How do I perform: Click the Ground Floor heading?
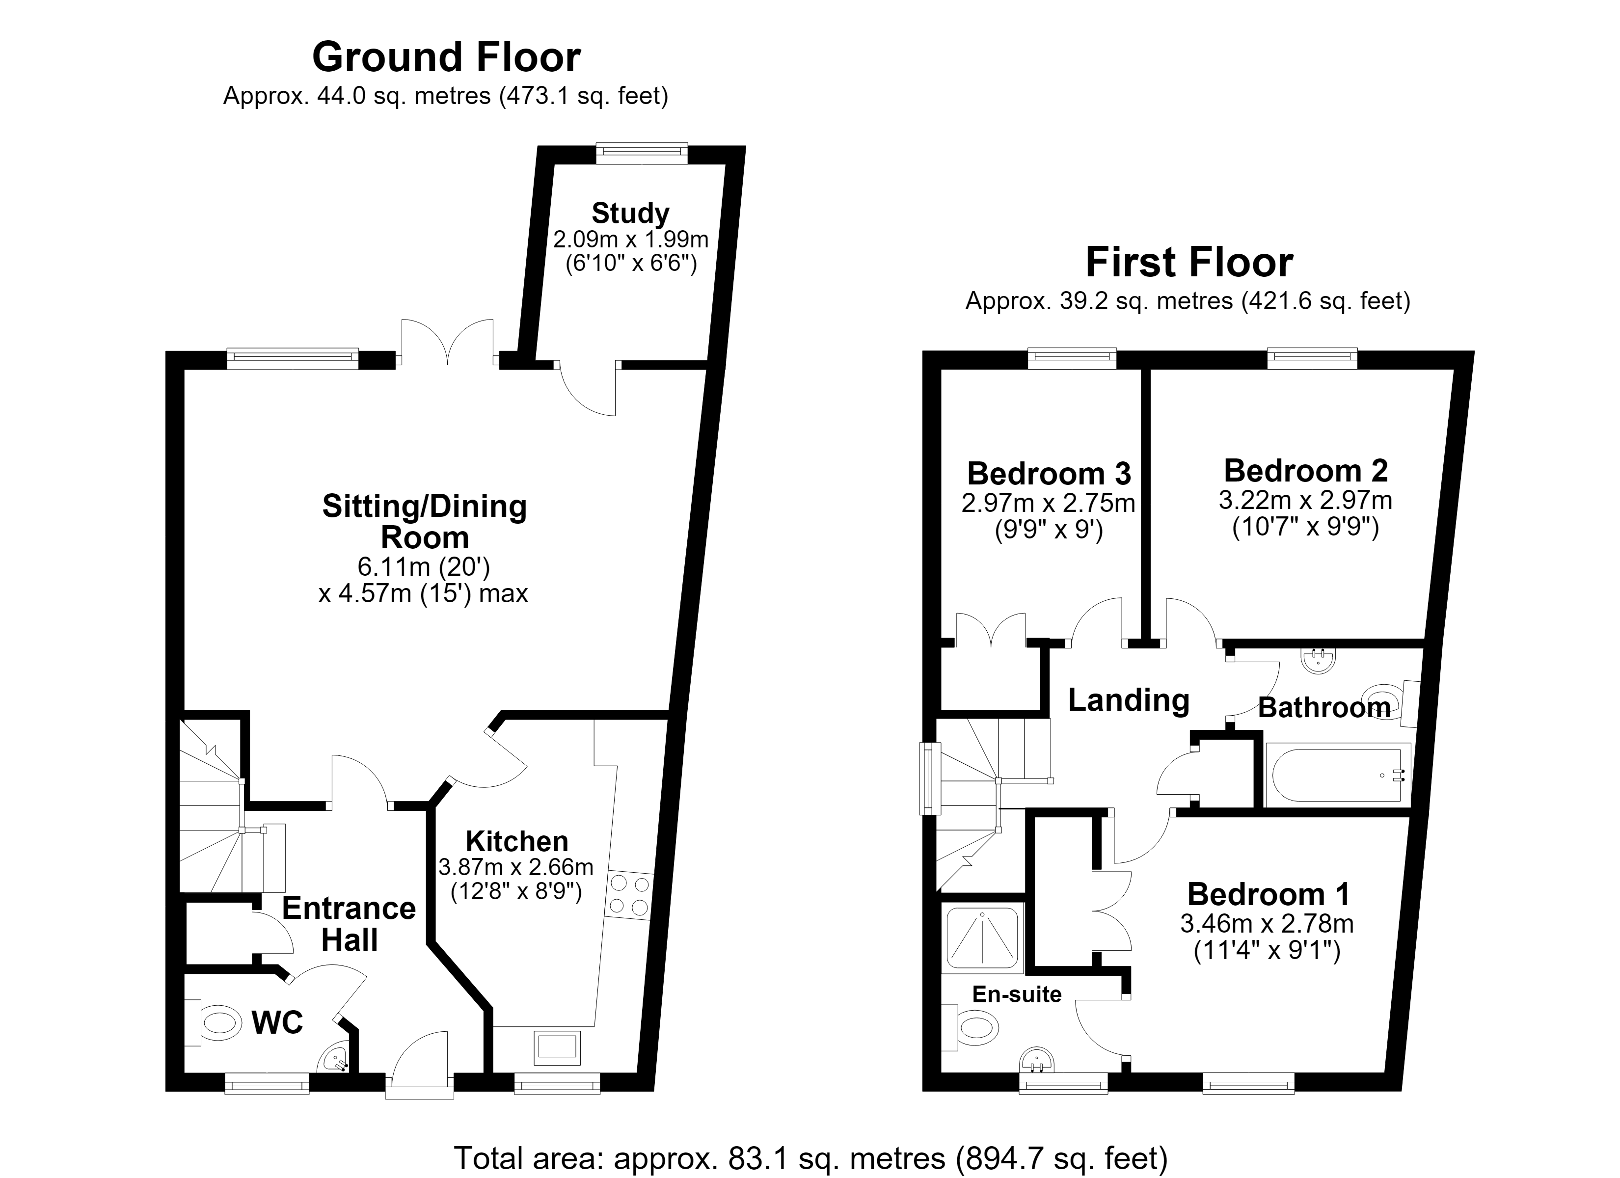446,57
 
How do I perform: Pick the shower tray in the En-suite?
983,937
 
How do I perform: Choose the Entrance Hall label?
350,924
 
